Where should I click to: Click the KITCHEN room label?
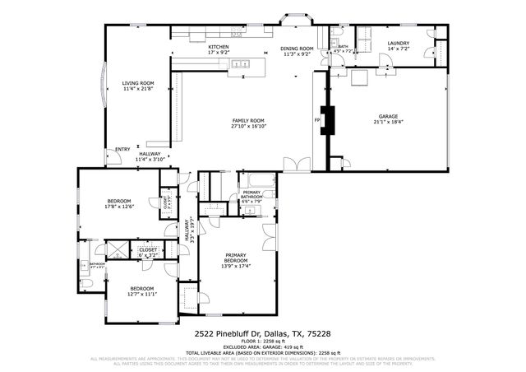click(x=218, y=48)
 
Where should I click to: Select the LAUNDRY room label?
click(x=399, y=44)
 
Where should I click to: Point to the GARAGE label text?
click(x=388, y=117)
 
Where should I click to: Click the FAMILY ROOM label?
click(x=251, y=121)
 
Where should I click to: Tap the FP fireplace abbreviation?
click(x=316, y=120)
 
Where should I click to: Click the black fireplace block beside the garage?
click(x=328, y=120)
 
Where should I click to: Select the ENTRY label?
click(x=122, y=149)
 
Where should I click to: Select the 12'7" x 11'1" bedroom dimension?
click(x=142, y=294)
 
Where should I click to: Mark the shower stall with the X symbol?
click(x=118, y=249)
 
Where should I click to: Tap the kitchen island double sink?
click(x=241, y=63)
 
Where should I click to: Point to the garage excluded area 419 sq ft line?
click(x=262, y=346)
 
